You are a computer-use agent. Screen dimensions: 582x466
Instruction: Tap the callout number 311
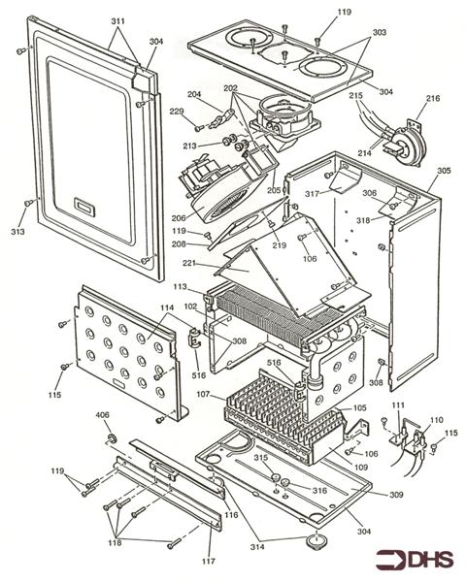point(117,19)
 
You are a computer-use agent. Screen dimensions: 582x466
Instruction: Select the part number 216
point(433,99)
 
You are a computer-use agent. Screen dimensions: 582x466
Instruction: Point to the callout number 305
point(444,171)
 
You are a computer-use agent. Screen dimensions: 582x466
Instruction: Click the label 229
point(177,112)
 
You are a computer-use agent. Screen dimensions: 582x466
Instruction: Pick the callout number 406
point(102,416)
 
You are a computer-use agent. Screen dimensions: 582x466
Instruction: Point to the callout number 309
point(423,496)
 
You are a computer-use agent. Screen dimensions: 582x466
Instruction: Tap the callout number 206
point(179,219)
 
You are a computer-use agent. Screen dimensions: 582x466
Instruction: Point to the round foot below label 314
point(314,537)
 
